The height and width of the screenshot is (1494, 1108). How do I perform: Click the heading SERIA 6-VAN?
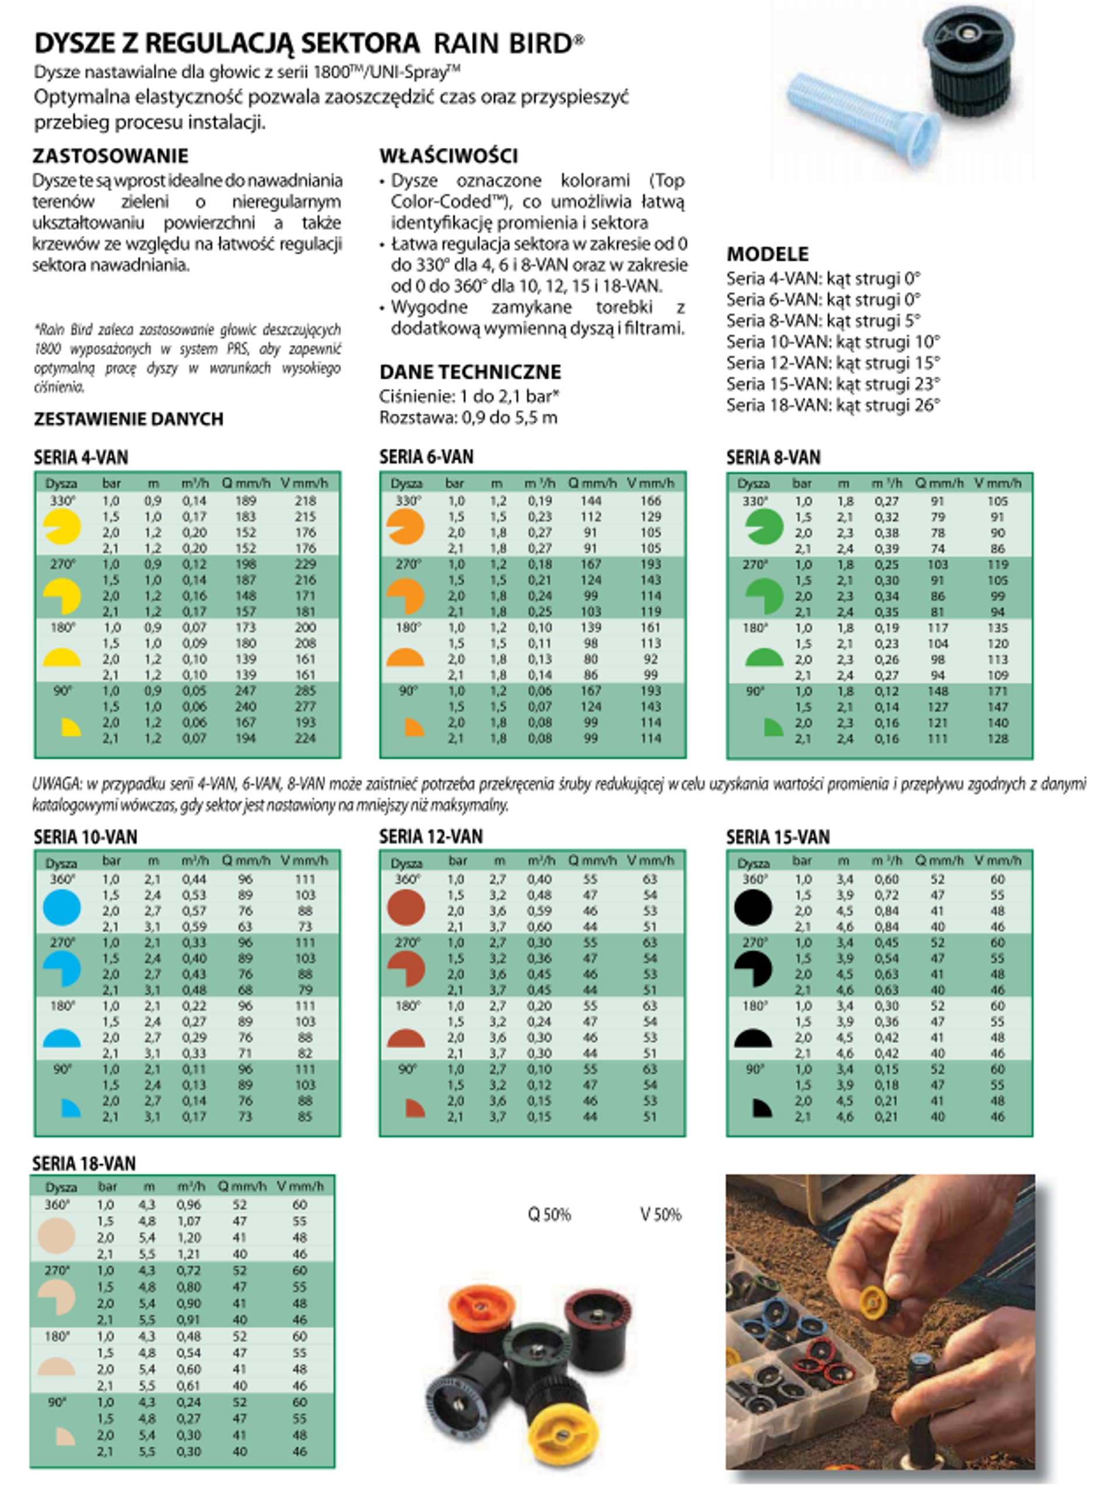click(x=426, y=457)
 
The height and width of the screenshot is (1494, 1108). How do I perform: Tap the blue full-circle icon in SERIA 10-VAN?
click(x=62, y=907)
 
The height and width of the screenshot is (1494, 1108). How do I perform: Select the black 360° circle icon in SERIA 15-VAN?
click(x=752, y=907)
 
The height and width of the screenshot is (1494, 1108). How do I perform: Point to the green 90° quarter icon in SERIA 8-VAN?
click(x=773, y=727)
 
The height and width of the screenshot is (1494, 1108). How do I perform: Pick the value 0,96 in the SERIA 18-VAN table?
click(x=188, y=1205)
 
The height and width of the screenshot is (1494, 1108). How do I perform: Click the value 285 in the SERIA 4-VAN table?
click(x=305, y=690)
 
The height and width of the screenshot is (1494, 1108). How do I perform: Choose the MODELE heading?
click(x=767, y=254)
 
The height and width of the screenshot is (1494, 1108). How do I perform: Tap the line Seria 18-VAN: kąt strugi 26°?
click(x=833, y=406)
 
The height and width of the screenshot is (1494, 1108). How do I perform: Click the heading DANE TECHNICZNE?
click(x=470, y=372)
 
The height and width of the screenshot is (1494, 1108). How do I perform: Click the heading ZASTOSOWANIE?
click(x=111, y=156)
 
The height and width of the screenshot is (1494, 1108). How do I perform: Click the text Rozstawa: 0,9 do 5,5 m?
click(x=468, y=417)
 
